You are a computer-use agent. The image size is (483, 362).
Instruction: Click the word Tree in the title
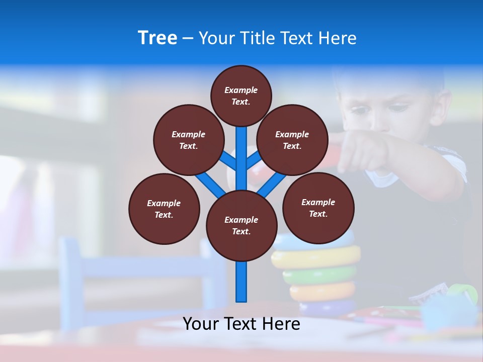click(x=157, y=38)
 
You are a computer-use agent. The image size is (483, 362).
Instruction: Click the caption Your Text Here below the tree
click(x=242, y=324)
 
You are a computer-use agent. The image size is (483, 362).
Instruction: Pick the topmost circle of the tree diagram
click(x=241, y=96)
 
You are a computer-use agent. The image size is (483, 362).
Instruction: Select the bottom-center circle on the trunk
click(x=242, y=226)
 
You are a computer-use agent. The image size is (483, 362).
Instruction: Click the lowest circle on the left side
click(x=164, y=209)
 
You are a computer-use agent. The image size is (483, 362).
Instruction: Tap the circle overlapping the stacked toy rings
click(x=318, y=208)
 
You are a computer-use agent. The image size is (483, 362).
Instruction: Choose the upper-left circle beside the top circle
click(x=188, y=140)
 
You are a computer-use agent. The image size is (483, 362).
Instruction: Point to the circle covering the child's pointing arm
click(x=292, y=140)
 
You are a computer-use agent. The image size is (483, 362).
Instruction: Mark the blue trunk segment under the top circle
click(x=242, y=156)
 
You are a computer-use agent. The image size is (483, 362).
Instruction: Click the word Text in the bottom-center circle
click(x=242, y=231)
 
